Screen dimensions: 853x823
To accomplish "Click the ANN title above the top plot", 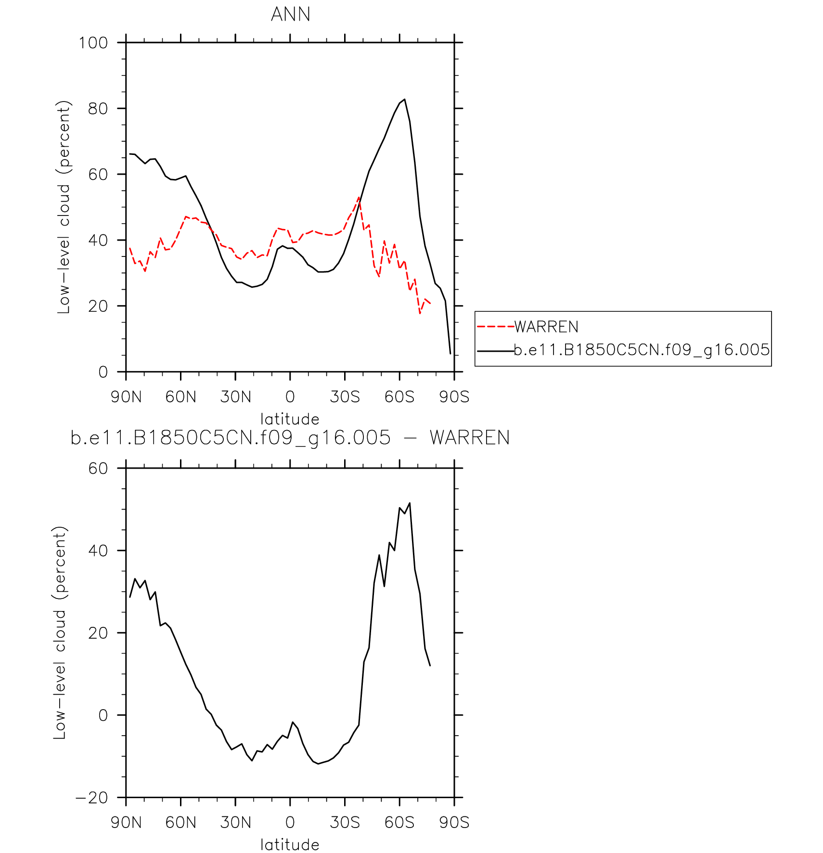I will point(290,14).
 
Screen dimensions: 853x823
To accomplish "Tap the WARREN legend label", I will point(546,327).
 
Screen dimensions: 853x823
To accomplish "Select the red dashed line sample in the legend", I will point(495,327).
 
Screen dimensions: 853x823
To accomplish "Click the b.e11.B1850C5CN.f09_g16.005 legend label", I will point(642,350).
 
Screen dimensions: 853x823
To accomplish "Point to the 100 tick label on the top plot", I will point(93,43).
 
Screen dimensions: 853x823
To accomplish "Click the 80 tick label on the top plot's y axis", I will point(98,109).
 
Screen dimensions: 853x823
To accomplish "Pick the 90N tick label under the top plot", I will point(126,397).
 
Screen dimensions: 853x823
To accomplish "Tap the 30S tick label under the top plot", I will point(345,397).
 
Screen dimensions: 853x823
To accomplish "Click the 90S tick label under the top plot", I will point(454,397).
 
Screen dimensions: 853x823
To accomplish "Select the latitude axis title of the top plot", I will point(290,419).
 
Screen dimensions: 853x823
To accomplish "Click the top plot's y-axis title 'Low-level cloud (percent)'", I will point(64,207).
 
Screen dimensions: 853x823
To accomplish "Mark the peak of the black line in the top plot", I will point(405,100).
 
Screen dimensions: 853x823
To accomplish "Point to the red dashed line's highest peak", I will point(359,197).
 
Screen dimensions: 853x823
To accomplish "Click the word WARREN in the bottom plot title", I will point(469,438).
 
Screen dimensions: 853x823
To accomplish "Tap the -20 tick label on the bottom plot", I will point(91,798).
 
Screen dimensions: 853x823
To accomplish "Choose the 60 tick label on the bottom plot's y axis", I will point(98,469).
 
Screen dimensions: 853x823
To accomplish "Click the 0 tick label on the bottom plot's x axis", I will point(290,823).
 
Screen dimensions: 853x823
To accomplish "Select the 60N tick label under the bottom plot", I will point(180,823).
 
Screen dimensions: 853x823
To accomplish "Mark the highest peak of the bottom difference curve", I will point(410,503).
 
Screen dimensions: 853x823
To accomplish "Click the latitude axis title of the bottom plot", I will point(290,844).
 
